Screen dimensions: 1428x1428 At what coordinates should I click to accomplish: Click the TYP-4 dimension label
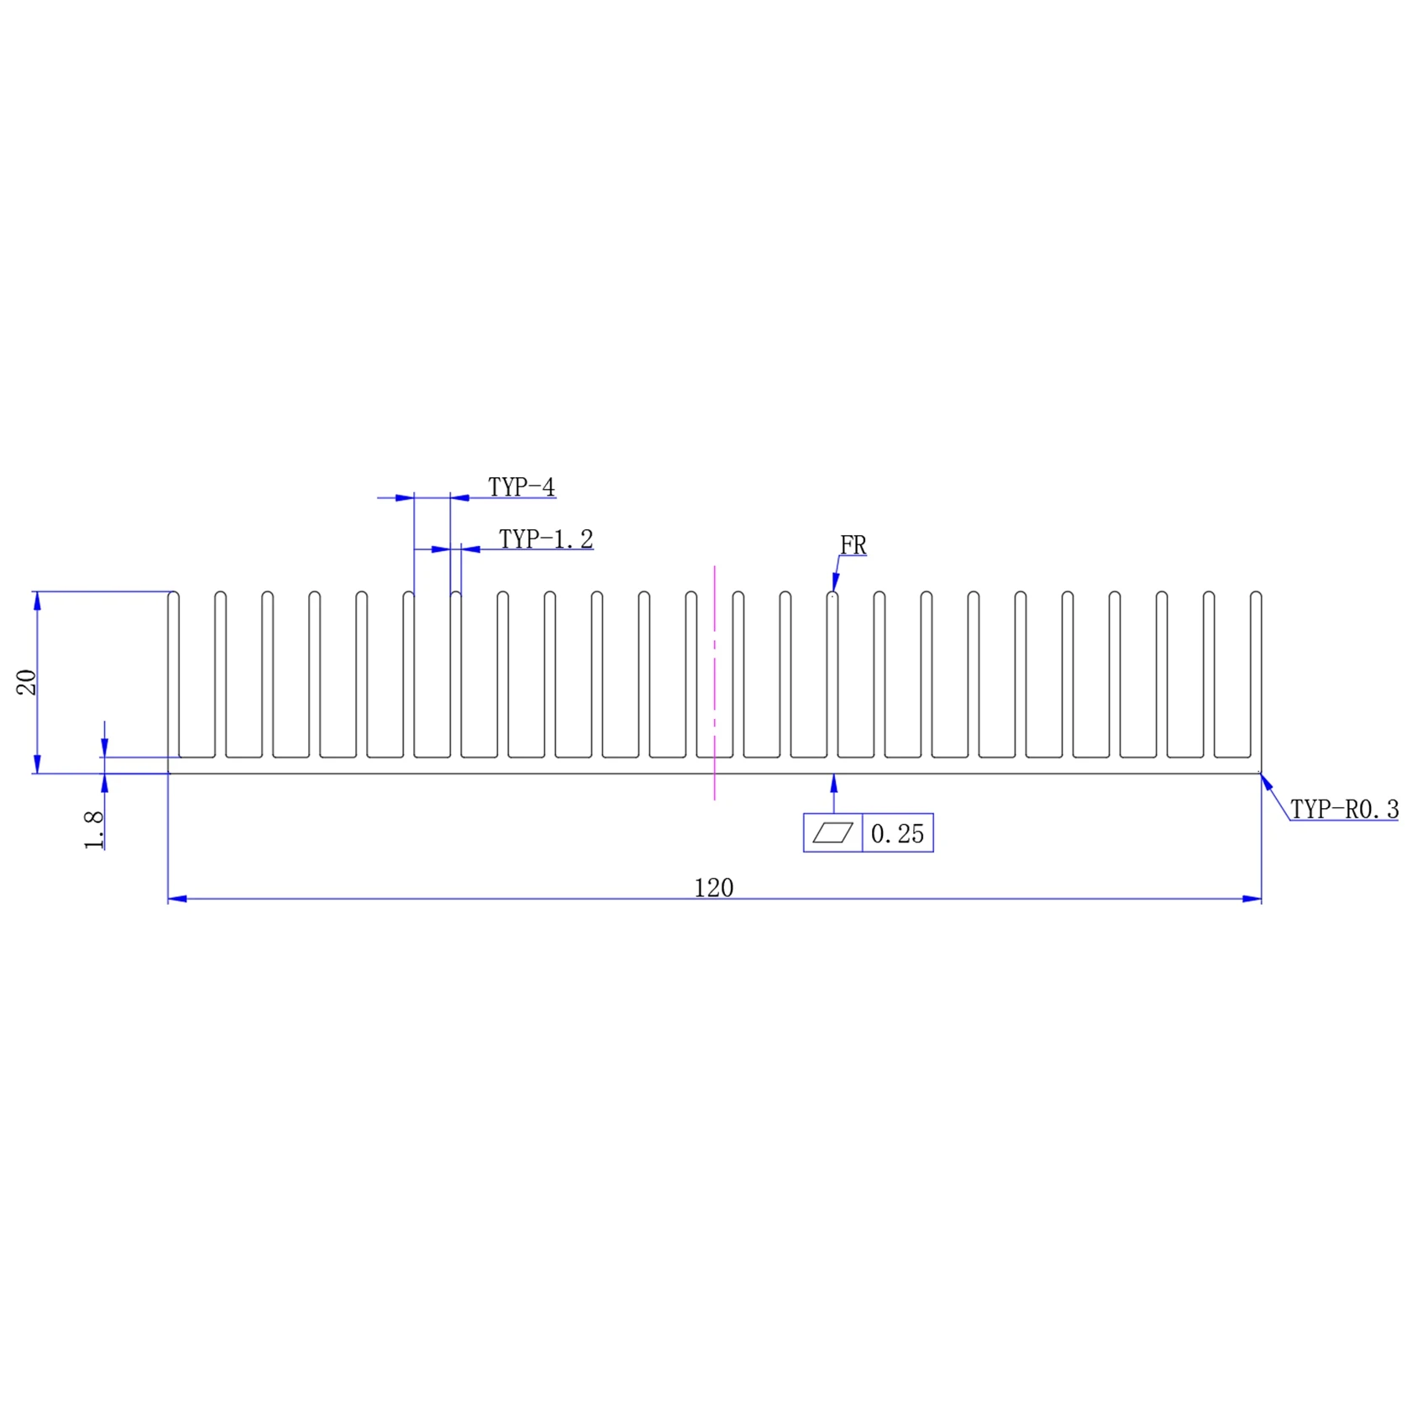(x=522, y=487)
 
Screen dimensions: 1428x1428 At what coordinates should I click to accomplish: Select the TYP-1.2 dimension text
(x=546, y=539)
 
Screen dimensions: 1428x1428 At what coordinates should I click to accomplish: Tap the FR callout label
(x=853, y=545)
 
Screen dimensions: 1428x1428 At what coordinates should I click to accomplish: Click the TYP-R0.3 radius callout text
(x=1344, y=810)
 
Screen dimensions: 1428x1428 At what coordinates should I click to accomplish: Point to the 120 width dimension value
(x=713, y=888)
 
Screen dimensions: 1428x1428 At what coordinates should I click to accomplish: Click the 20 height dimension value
(x=27, y=682)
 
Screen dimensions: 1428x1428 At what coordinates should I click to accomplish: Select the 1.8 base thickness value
(x=94, y=830)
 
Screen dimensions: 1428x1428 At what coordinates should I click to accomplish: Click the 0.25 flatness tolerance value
(x=897, y=834)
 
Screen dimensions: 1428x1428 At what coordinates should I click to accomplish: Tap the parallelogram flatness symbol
(x=832, y=833)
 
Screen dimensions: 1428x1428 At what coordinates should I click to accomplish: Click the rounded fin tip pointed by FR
(x=832, y=596)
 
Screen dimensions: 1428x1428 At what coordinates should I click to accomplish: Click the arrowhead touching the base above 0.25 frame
(x=834, y=783)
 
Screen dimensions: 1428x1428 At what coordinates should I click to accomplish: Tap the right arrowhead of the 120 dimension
(x=1252, y=899)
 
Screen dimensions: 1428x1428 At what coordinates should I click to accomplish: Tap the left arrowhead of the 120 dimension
(x=178, y=899)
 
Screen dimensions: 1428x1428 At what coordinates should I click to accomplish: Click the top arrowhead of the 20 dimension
(x=37, y=601)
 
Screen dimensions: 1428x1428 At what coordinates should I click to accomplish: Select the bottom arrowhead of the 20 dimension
(x=37, y=764)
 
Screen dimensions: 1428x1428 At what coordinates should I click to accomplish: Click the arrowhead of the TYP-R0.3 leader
(x=1266, y=783)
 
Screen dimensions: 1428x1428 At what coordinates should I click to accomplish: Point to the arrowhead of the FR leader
(x=835, y=582)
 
